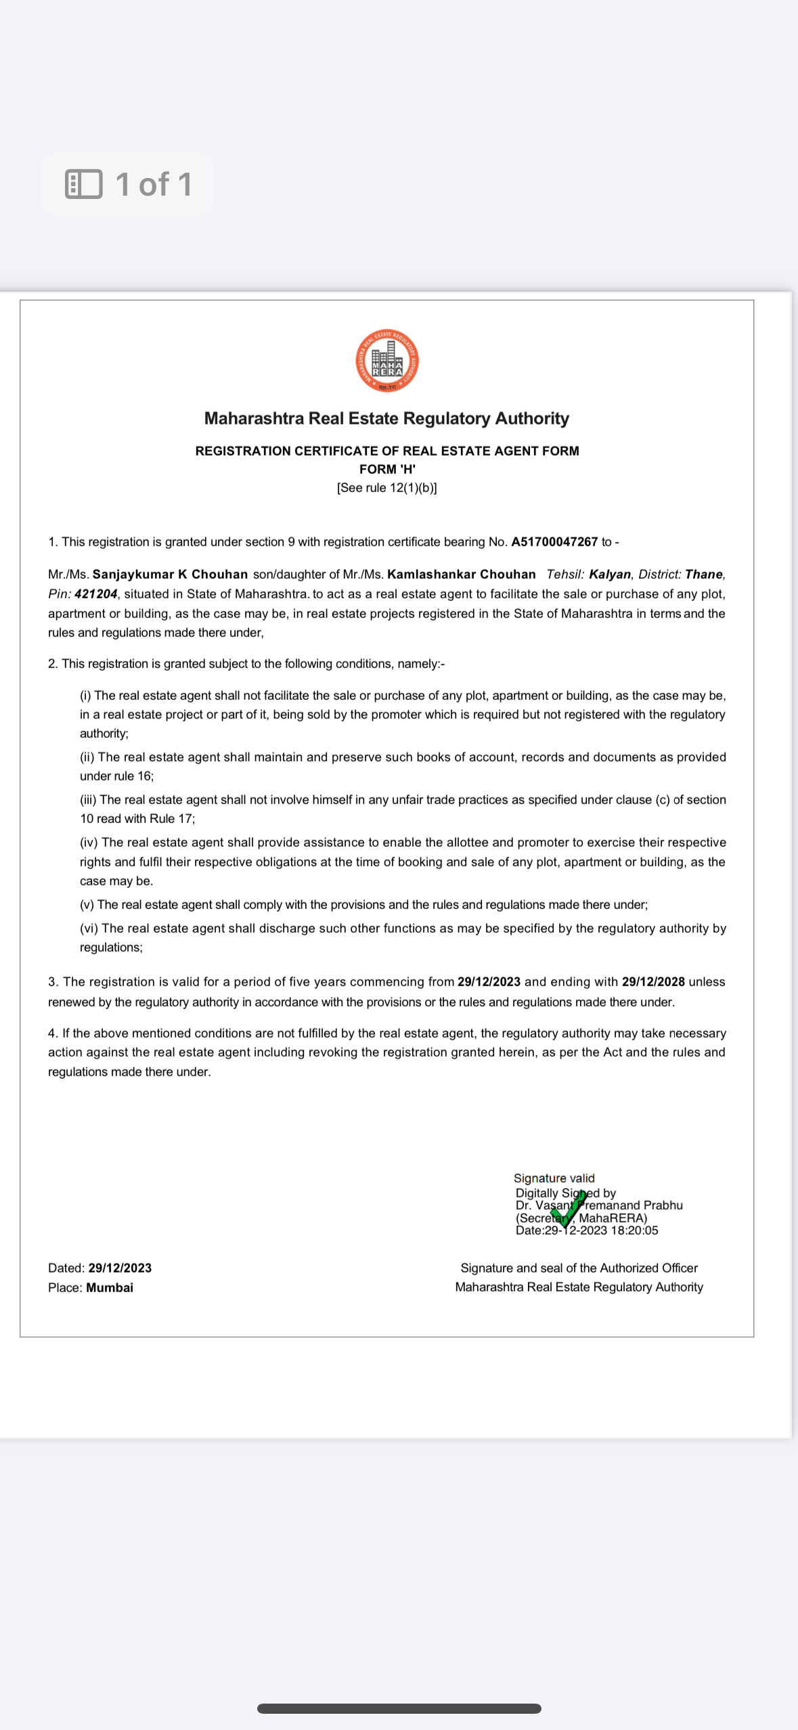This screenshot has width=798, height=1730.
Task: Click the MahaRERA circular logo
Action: [x=387, y=361]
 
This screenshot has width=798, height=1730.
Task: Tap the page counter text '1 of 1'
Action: [x=154, y=185]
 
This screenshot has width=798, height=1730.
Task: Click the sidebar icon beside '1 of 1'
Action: [x=84, y=184]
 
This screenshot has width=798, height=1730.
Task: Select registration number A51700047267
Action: [x=554, y=542]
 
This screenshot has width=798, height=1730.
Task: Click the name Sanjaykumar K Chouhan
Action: [x=170, y=575]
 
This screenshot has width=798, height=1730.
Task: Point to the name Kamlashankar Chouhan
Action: [x=461, y=575]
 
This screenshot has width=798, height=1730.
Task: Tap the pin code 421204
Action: [x=95, y=594]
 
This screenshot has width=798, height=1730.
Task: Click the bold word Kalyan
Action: [x=609, y=575]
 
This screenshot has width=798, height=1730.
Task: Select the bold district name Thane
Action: [x=703, y=575]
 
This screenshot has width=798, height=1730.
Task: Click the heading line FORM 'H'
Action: [x=387, y=470]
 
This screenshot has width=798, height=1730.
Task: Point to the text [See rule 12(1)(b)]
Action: [x=387, y=488]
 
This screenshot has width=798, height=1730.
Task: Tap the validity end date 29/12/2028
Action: [x=652, y=982]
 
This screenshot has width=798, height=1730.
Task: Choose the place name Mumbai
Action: [x=110, y=1288]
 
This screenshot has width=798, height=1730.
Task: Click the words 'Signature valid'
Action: [x=554, y=1178]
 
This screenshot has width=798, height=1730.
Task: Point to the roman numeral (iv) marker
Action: [x=89, y=843]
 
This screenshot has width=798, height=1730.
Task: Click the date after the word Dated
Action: [x=120, y=1268]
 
